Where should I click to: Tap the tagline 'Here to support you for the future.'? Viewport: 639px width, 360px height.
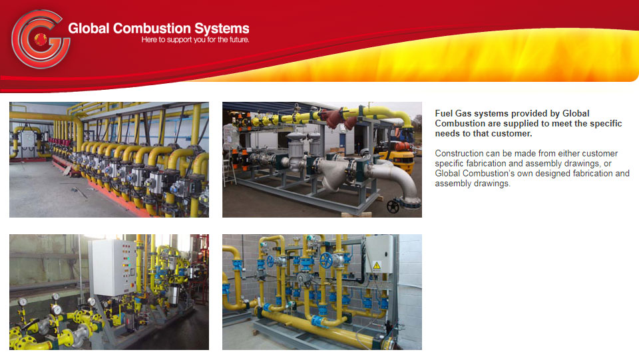(195, 40)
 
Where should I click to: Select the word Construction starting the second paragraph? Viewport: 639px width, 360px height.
(459, 154)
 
